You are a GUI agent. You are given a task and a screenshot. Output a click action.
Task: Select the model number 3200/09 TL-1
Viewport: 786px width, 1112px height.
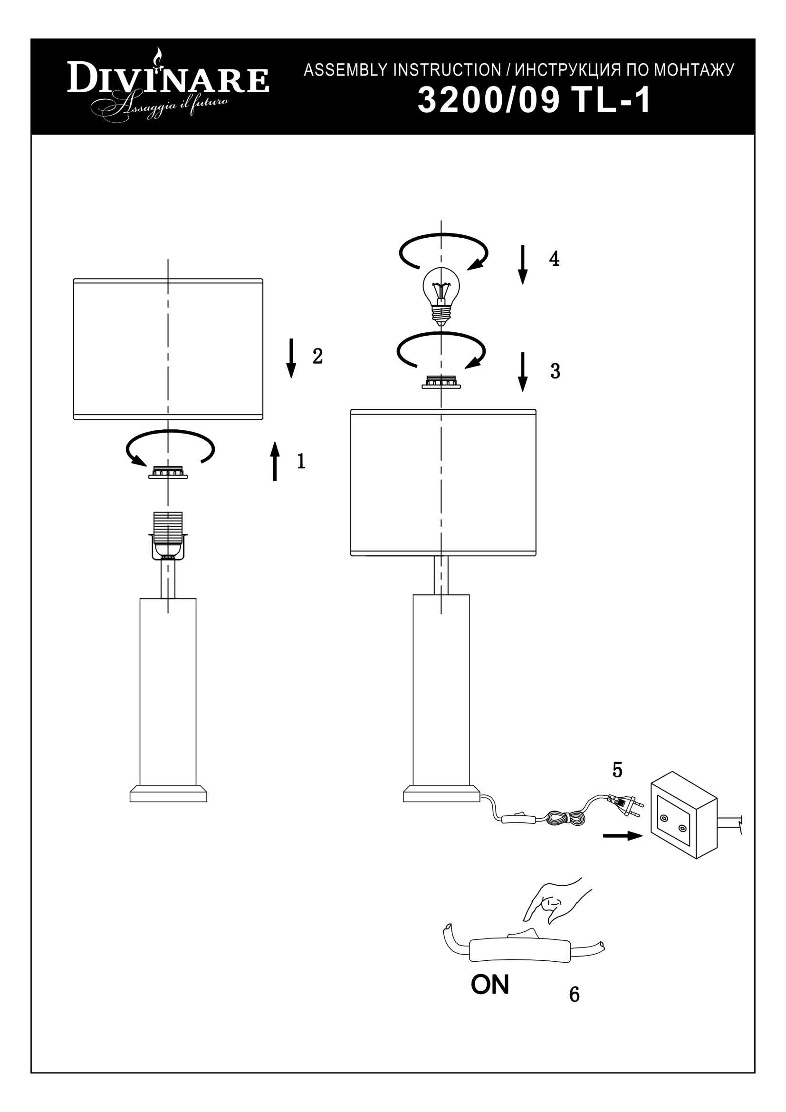click(534, 101)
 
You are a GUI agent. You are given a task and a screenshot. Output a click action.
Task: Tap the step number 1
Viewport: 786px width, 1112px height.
click(301, 461)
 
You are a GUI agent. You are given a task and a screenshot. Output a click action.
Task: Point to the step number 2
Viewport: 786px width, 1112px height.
click(317, 356)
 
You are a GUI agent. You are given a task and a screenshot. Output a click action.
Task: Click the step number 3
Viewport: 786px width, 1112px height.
click(555, 371)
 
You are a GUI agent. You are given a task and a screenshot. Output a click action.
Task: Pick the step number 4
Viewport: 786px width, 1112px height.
click(554, 259)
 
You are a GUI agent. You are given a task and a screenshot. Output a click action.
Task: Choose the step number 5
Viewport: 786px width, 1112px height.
click(617, 770)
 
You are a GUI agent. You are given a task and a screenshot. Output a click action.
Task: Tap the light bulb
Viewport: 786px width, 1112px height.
click(441, 296)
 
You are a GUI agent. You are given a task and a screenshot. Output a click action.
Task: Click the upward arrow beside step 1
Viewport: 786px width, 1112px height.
click(275, 461)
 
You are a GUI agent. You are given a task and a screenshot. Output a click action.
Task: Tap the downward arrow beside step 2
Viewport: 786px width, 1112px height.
click(291, 358)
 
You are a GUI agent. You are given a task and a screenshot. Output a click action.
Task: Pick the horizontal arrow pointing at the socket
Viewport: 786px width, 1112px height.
click(623, 836)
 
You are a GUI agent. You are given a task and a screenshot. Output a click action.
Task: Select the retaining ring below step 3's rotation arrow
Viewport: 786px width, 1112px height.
click(441, 382)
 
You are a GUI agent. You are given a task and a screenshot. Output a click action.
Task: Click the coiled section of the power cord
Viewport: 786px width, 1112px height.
click(565, 818)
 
